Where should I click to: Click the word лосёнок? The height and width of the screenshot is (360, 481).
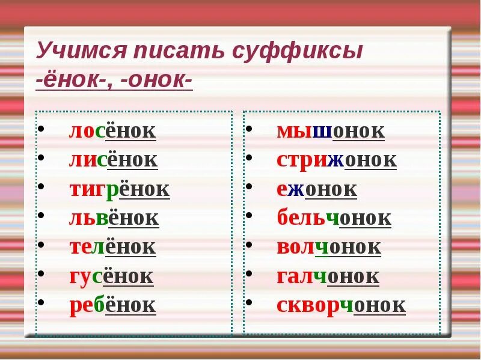(x=112, y=131)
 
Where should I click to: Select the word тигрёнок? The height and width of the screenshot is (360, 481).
(x=119, y=189)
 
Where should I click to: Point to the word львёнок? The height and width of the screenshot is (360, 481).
(x=114, y=218)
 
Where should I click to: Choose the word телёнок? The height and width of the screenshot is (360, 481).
(x=112, y=246)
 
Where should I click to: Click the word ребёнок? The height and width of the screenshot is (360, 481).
(x=112, y=305)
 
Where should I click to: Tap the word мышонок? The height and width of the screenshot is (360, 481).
(x=330, y=131)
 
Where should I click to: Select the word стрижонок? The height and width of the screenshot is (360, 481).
(x=336, y=160)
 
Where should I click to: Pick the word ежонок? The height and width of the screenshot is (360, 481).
(x=316, y=189)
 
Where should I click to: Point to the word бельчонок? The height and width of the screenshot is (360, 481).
(x=334, y=218)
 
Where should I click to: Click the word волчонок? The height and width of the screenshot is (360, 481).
(x=328, y=246)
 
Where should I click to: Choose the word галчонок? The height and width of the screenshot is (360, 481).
(x=328, y=276)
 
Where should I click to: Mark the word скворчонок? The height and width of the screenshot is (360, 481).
(x=341, y=305)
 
